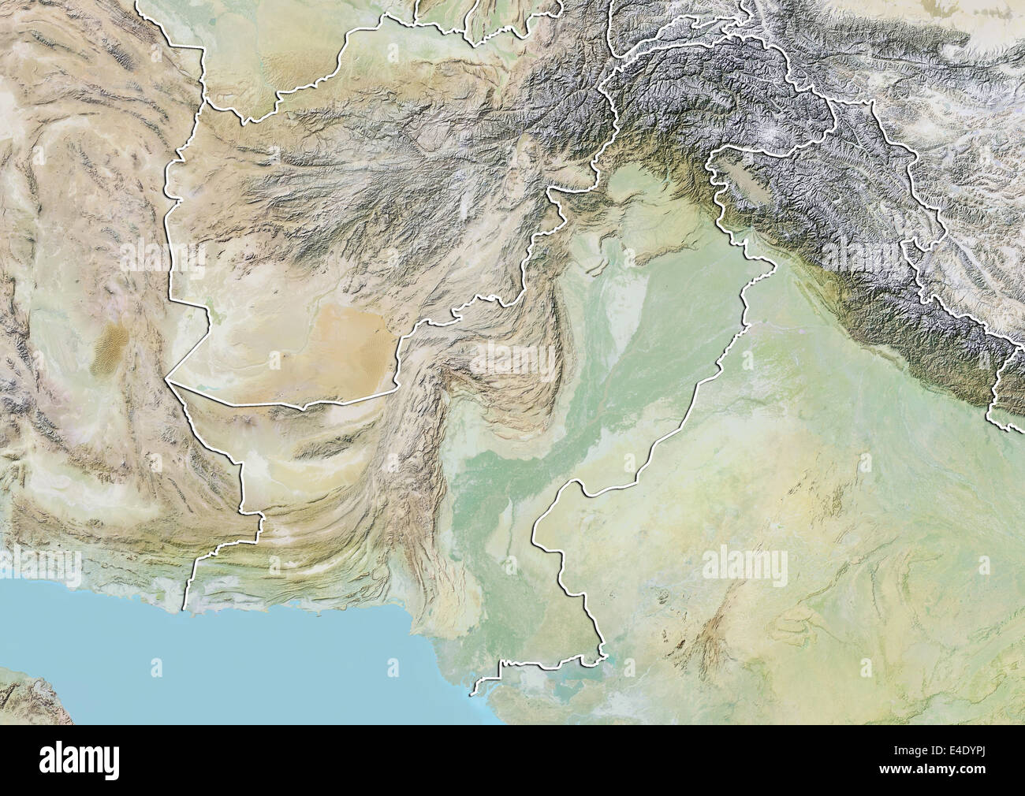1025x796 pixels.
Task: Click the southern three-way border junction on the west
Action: [167, 382]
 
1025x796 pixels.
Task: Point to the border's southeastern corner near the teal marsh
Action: [603, 654]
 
